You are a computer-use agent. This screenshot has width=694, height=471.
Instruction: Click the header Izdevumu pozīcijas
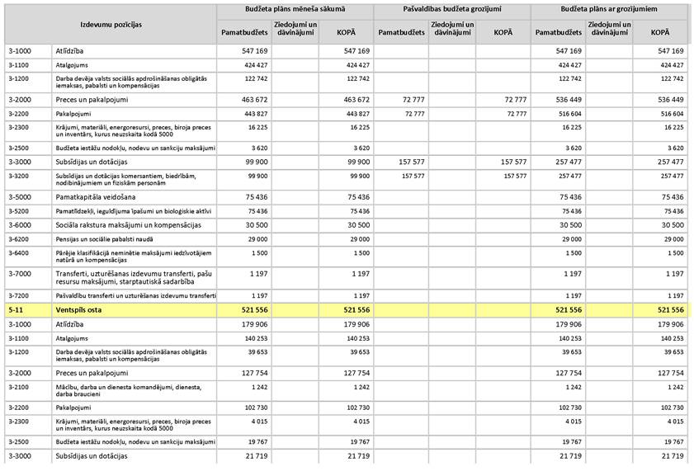(111, 25)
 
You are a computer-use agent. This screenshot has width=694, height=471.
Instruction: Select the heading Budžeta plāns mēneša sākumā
(295, 9)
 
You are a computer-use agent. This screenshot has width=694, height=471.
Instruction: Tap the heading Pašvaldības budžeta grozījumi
(451, 9)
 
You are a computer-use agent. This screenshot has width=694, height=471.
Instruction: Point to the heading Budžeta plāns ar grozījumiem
(609, 9)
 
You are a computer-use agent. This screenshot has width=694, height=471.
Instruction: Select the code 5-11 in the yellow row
(16, 309)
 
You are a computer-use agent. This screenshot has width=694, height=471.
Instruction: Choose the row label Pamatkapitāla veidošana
(95, 197)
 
